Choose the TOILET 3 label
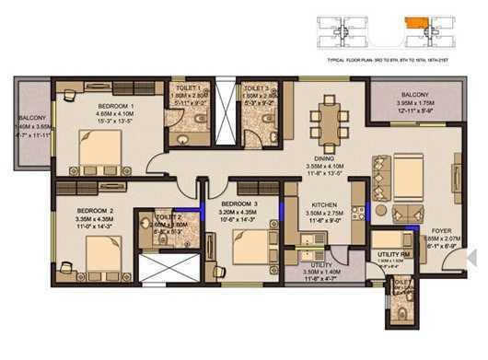(257, 87)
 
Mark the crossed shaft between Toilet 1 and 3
(225, 114)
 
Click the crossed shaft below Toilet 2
(168, 268)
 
